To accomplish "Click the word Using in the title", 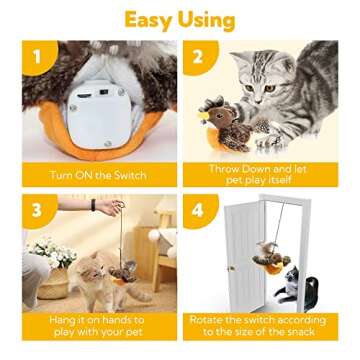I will click(x=209, y=19).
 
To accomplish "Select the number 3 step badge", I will click(x=38, y=210).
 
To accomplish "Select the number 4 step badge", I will click(x=199, y=210).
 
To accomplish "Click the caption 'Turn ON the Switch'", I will click(x=98, y=175).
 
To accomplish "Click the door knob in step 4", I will click(x=231, y=267).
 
